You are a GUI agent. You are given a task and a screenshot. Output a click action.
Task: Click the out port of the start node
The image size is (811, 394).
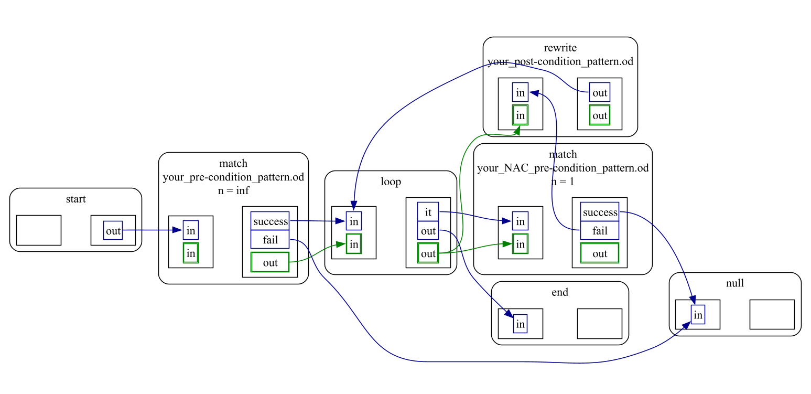point(113,230)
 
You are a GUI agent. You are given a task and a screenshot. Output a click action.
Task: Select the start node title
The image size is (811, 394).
point(76,199)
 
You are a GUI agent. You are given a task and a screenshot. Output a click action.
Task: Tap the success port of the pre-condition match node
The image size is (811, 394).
point(270,221)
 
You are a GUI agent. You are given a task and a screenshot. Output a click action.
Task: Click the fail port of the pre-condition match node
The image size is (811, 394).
point(270,240)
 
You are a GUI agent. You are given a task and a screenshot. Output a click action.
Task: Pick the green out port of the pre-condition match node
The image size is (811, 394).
point(270,262)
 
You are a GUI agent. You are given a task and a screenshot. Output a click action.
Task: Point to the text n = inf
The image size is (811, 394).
point(233,190)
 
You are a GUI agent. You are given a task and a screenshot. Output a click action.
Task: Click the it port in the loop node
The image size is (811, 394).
point(428,212)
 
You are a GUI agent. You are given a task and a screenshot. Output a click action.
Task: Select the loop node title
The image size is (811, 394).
point(391,182)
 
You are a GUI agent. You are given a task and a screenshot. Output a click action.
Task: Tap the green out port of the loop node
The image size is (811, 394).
point(428,253)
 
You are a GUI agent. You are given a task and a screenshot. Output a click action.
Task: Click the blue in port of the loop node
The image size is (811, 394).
point(354,221)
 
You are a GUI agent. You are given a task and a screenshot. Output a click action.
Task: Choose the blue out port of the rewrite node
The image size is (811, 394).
point(599,93)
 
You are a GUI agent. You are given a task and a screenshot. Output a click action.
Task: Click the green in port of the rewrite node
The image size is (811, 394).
point(520,115)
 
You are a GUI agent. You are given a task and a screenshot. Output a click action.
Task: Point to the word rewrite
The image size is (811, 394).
point(560,48)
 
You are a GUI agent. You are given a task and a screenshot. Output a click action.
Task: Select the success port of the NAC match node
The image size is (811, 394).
point(600,212)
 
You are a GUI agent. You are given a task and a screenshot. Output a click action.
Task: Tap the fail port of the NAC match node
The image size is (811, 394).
point(600,231)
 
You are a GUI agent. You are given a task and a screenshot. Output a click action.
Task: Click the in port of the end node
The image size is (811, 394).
point(520,324)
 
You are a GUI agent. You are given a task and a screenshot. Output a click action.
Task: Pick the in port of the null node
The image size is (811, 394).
point(698,315)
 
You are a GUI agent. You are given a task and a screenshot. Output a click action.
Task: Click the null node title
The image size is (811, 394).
point(735,283)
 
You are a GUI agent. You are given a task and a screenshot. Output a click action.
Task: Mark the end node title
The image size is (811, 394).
point(560,292)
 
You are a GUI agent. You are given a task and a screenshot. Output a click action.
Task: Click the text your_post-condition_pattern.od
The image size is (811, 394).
point(560,61)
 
